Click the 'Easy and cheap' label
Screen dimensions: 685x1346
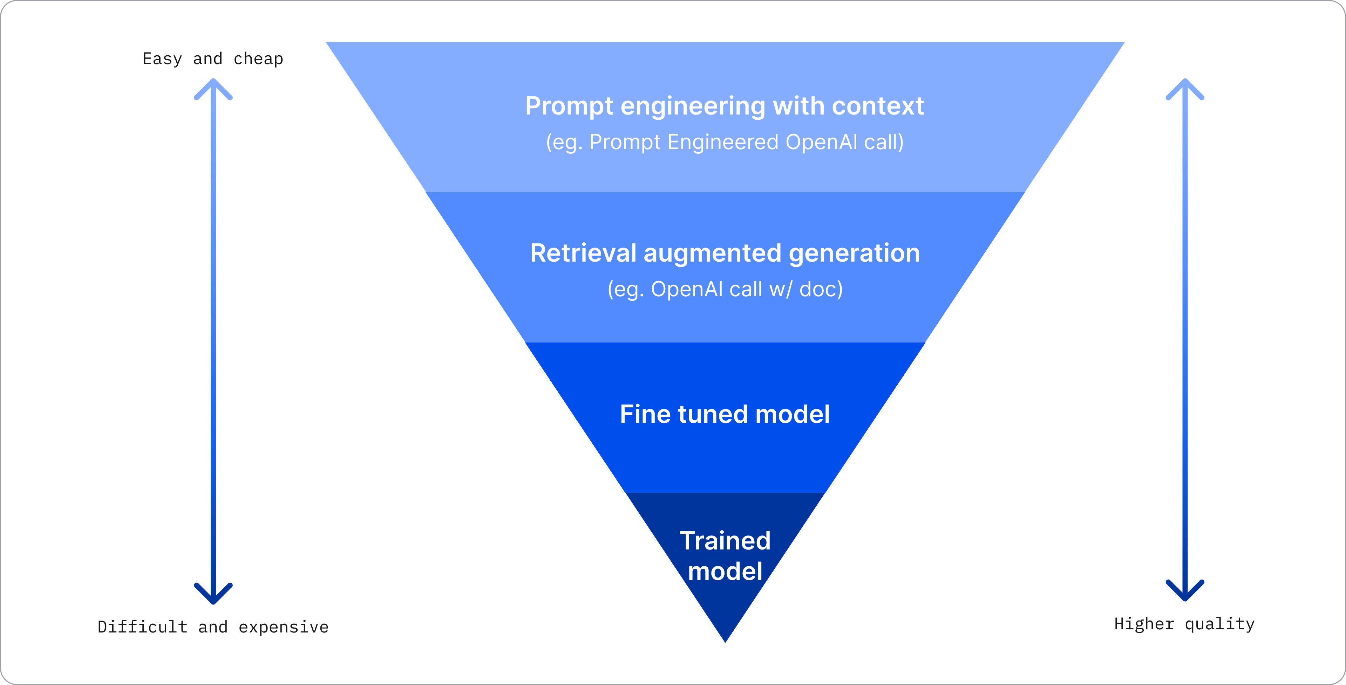(x=213, y=59)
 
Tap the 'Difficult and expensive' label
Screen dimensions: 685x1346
(x=213, y=627)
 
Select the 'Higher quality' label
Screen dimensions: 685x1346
(x=1184, y=624)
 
